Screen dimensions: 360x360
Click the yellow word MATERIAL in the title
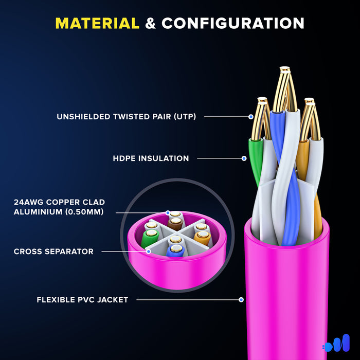97,23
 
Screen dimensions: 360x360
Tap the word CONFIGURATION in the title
233,23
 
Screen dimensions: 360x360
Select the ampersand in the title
150,23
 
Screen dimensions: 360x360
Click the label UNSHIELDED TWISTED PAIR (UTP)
127,117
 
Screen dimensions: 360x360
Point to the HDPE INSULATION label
151,158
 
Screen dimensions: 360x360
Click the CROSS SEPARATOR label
53,251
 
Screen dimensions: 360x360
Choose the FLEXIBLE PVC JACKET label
82,299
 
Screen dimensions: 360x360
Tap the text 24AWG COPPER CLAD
59,202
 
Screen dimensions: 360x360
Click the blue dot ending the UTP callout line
251,117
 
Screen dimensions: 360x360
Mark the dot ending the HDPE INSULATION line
244,158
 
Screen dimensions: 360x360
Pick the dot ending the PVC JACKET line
241,299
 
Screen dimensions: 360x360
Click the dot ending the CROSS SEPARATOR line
148,251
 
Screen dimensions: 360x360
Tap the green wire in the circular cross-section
150,238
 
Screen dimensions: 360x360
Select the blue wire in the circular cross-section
175,251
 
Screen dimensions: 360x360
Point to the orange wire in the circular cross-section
202,237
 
